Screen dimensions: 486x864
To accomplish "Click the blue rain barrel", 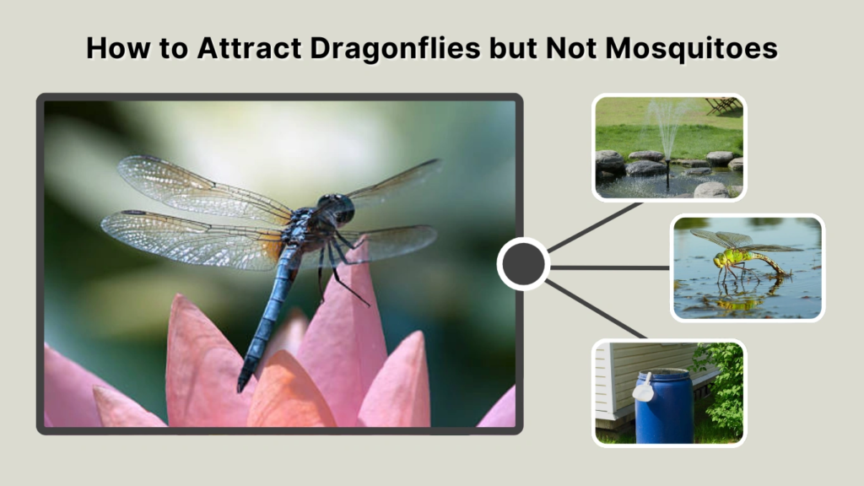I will pos(662,409).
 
